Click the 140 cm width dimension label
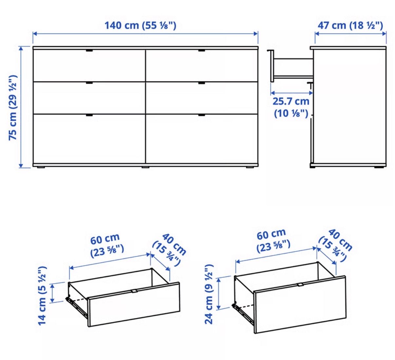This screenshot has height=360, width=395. pyautogui.click(x=140, y=26)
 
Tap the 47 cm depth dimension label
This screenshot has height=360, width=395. pyautogui.click(x=350, y=26)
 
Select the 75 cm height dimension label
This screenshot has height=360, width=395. pyautogui.click(x=13, y=108)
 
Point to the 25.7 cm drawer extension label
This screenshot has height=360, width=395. pyautogui.click(x=291, y=108)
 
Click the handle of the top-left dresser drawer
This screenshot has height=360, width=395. pyautogui.click(x=89, y=50)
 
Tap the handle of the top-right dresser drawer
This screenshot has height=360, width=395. pyautogui.click(x=201, y=50)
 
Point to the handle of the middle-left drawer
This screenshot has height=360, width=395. pyautogui.click(x=89, y=83)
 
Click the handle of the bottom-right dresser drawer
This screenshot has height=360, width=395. pyautogui.click(x=201, y=115)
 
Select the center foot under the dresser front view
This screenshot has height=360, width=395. pyautogui.click(x=145, y=167)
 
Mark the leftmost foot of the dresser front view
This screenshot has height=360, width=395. pyautogui.click(x=41, y=167)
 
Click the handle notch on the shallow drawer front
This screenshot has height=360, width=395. pyautogui.click(x=134, y=291)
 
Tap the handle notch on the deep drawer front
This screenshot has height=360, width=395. pyautogui.click(x=300, y=285)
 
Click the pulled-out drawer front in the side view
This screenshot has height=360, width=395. pyautogui.click(x=272, y=66)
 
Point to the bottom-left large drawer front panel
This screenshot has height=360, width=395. pyautogui.click(x=89, y=139)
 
